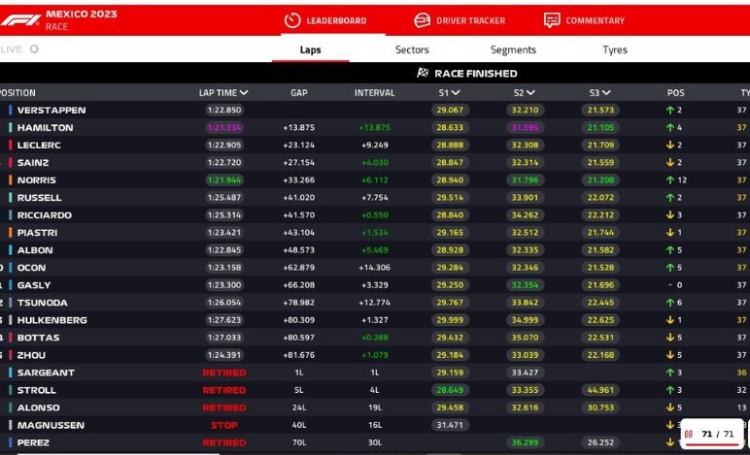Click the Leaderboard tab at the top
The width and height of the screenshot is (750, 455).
(x=325, y=20)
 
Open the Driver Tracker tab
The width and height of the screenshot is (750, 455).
(x=460, y=20)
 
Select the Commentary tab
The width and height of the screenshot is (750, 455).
(x=584, y=20)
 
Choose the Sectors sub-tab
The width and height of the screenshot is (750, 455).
(x=412, y=49)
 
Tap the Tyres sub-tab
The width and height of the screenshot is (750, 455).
(x=614, y=49)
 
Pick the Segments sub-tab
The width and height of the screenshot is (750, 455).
(x=513, y=49)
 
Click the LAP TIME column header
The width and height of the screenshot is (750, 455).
(x=223, y=93)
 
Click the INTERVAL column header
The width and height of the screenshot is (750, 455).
(x=374, y=93)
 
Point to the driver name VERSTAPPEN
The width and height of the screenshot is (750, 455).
(x=51, y=111)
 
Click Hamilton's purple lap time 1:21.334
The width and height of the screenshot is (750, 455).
(x=223, y=128)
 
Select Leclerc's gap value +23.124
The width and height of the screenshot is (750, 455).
(x=298, y=146)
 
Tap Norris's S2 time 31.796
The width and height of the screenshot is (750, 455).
(x=525, y=180)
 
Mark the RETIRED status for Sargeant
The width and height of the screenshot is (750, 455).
(x=223, y=373)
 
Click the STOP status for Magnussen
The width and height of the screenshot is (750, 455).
(x=223, y=425)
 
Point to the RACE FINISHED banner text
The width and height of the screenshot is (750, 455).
(x=475, y=74)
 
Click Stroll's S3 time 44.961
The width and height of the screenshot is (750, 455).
(x=600, y=390)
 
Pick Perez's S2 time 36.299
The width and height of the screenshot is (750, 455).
(x=525, y=442)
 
